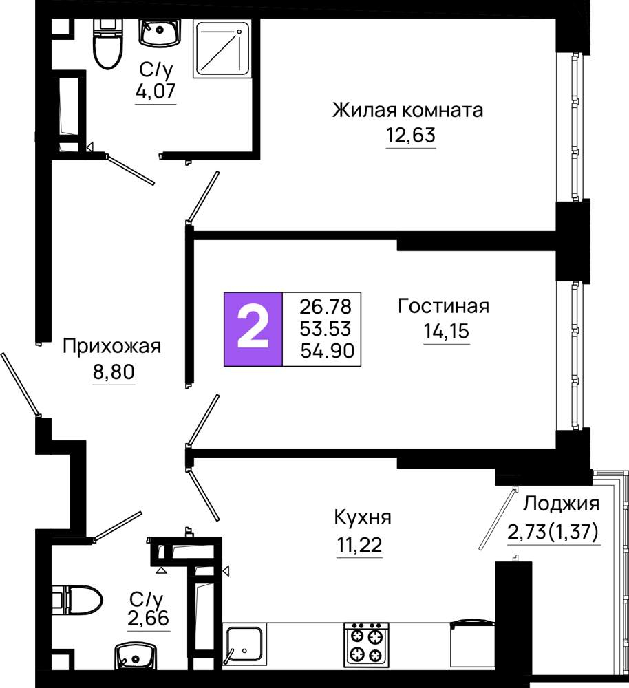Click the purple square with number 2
(x=253, y=329)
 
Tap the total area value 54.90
(x=328, y=351)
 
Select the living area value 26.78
(x=326, y=306)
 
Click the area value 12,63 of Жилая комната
(x=411, y=135)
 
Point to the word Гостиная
(x=443, y=306)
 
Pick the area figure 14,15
(x=447, y=330)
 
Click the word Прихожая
(x=112, y=347)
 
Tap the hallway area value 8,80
(x=114, y=372)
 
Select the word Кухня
(x=363, y=517)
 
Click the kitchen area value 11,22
(x=359, y=544)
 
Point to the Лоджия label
(x=561, y=504)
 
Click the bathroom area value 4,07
(x=156, y=91)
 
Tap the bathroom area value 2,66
(x=149, y=618)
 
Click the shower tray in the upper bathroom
(x=222, y=49)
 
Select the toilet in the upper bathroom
(x=108, y=43)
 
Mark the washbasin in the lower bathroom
(x=135, y=656)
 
